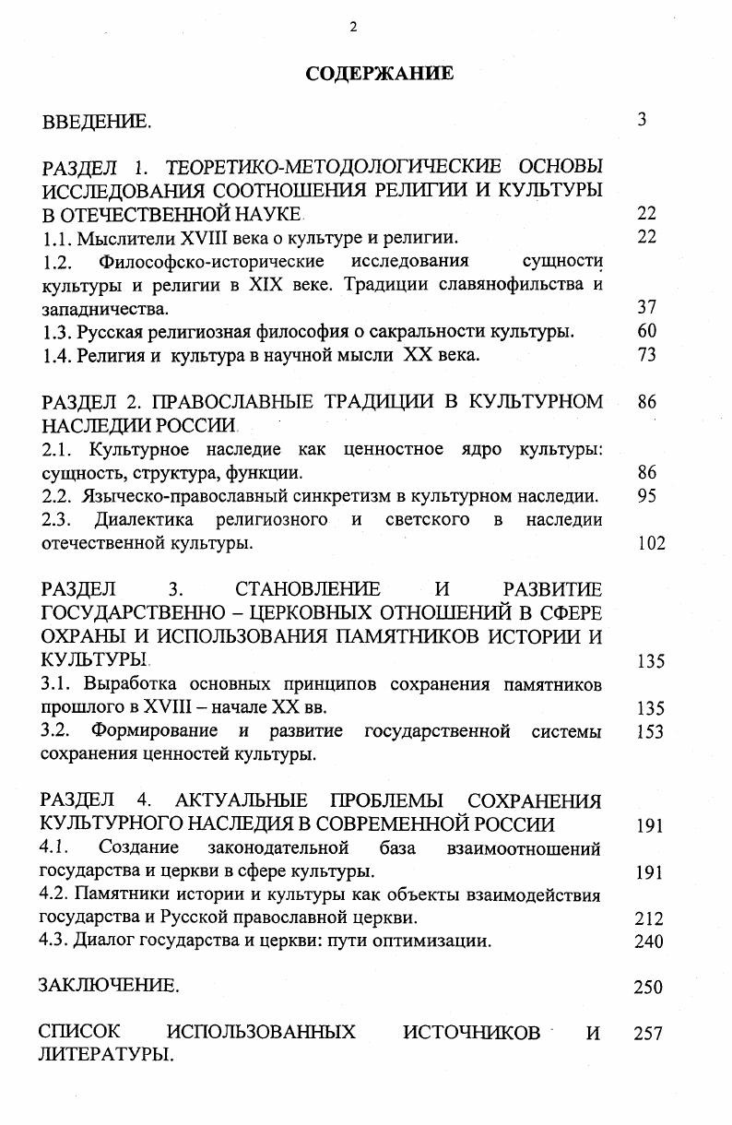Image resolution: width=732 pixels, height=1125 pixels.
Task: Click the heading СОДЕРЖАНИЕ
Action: (x=379, y=74)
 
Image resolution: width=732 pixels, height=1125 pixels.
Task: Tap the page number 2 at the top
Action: (x=353, y=27)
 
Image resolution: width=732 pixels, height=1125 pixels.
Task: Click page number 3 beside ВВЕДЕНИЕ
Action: (x=642, y=120)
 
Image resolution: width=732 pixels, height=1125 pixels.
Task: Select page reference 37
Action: (x=646, y=308)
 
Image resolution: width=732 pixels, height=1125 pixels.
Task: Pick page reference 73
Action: (x=646, y=355)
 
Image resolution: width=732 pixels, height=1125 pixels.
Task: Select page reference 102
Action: (x=651, y=543)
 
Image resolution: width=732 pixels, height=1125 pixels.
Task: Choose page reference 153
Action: (x=651, y=732)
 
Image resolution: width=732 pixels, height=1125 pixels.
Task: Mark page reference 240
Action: (x=649, y=941)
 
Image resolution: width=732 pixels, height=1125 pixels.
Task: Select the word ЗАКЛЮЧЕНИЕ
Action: (x=108, y=986)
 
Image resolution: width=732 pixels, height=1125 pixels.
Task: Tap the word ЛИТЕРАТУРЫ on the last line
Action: (x=105, y=1055)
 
